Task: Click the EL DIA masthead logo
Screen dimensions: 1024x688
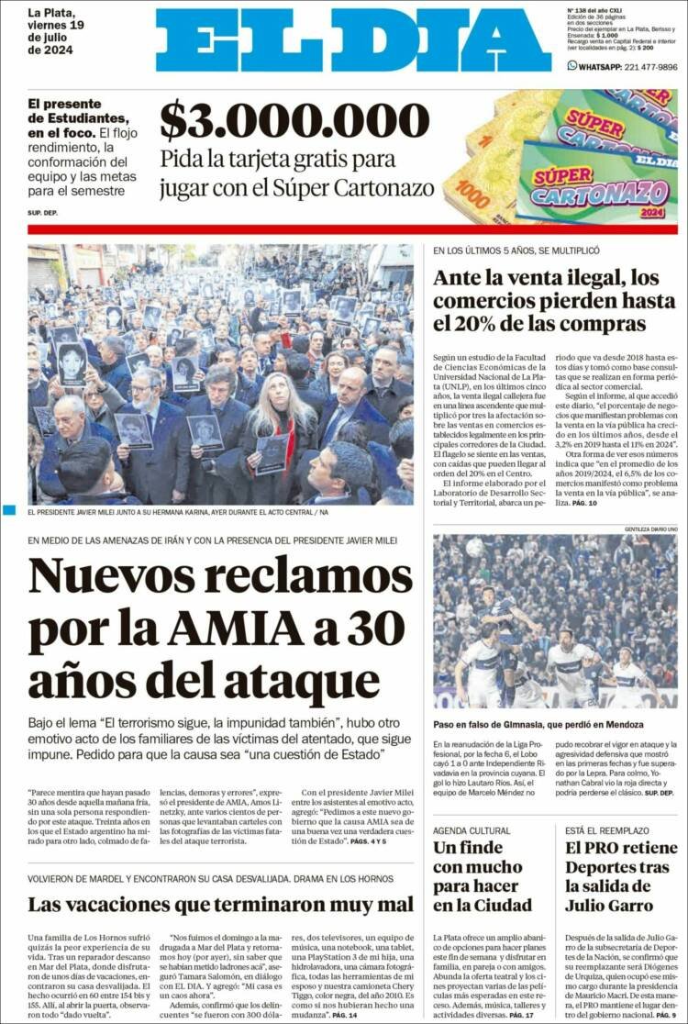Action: pos(353,40)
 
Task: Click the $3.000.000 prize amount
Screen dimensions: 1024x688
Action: pos(294,120)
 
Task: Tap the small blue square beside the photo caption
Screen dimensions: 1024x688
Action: pos(9,510)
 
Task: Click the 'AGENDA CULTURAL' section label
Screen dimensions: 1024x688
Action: pos(472,830)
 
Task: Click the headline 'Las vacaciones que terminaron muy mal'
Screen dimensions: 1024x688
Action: pos(220,904)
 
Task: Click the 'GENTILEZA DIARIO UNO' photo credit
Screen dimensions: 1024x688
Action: pos(650,529)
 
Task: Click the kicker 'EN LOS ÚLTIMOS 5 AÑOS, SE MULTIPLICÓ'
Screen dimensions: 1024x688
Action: pos(516,250)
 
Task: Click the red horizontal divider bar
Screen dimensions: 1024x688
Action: pos(352,229)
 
